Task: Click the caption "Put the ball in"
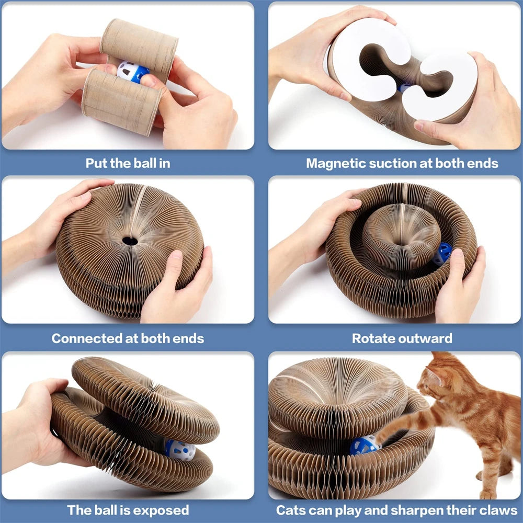click(128, 163)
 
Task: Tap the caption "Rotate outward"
click(402, 338)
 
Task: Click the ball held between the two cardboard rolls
click(131, 72)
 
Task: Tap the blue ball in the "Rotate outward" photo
click(442, 253)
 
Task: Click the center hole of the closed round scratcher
click(130, 241)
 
